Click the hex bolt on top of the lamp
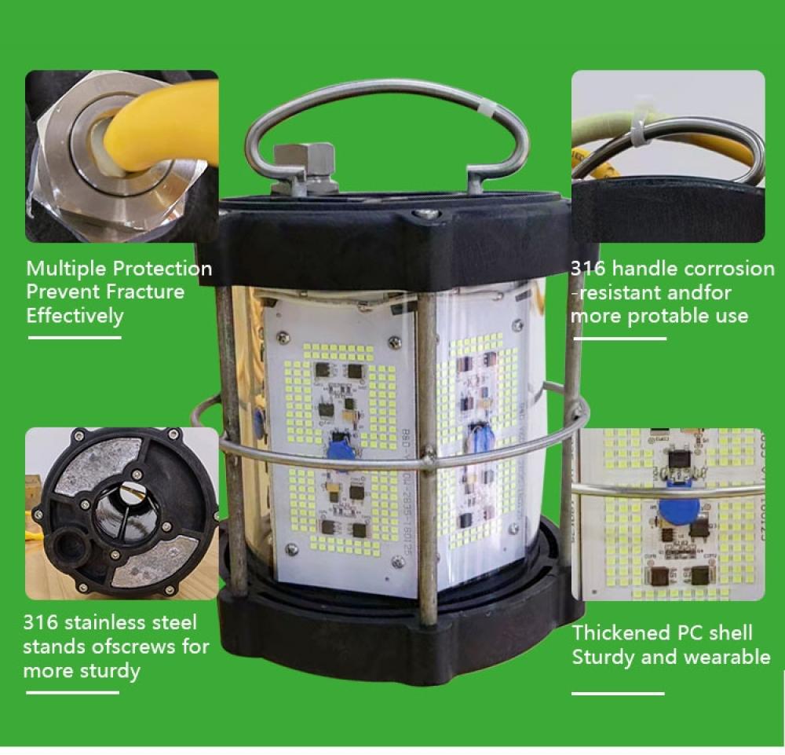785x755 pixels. (304, 162)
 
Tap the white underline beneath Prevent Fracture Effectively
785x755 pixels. (75, 338)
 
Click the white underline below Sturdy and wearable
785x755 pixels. (618, 694)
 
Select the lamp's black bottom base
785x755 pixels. (392, 629)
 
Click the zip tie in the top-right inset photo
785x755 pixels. (640, 126)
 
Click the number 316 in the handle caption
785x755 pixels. (589, 269)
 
